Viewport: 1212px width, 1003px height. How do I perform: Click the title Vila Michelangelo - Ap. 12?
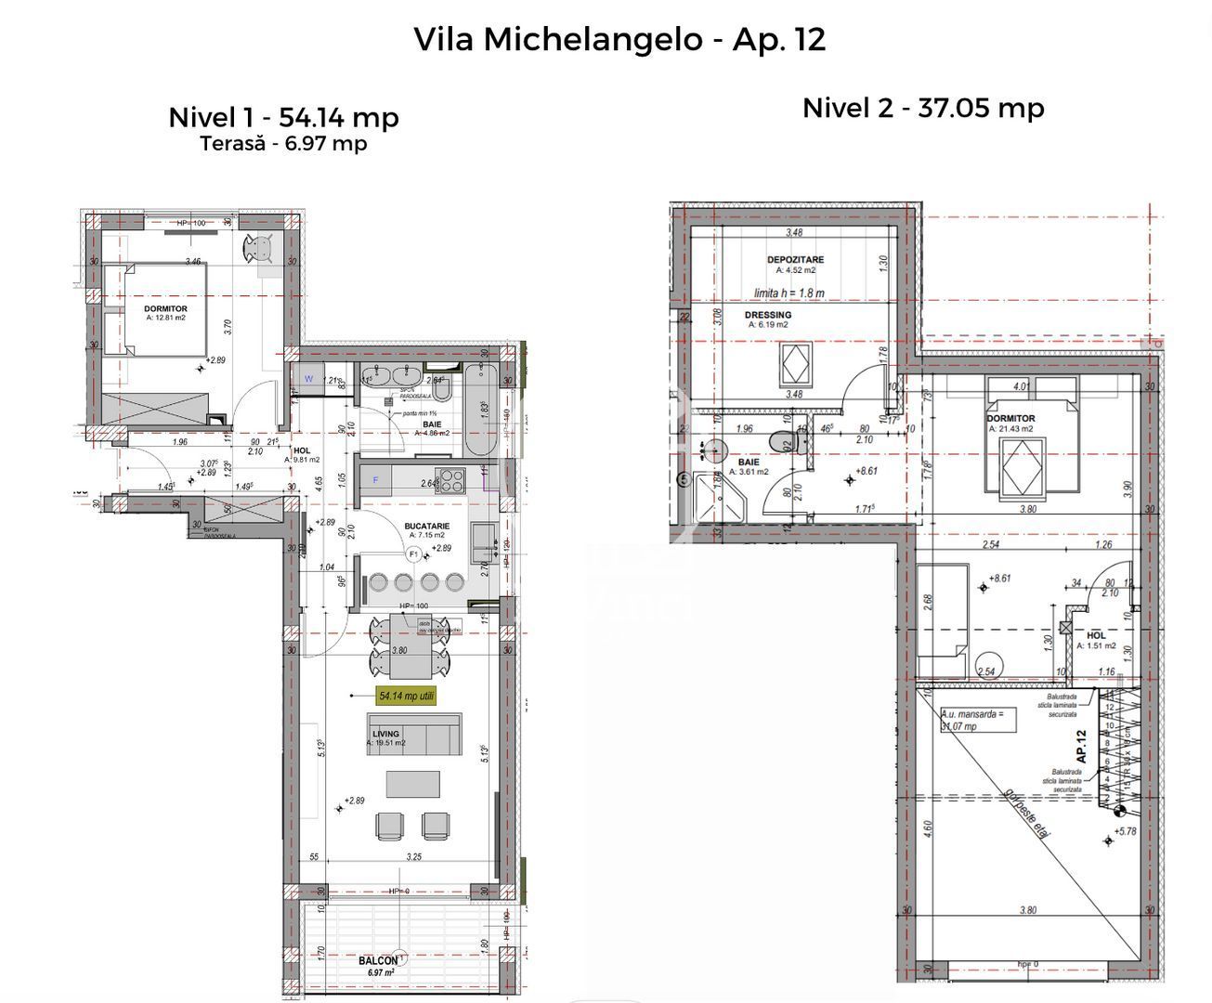pyautogui.click(x=619, y=39)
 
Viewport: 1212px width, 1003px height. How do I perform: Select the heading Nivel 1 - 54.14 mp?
pyautogui.click(x=283, y=118)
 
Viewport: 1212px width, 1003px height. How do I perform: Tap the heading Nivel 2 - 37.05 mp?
pyautogui.click(x=922, y=108)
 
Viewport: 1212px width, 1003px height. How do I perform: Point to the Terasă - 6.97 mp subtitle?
pyautogui.click(x=283, y=144)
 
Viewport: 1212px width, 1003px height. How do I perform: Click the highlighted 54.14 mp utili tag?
pyautogui.click(x=406, y=695)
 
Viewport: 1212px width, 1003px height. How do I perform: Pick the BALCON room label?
pyautogui.click(x=378, y=961)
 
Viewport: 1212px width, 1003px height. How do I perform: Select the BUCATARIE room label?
pyautogui.click(x=427, y=526)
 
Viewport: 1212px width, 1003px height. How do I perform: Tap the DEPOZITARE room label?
pyautogui.click(x=795, y=260)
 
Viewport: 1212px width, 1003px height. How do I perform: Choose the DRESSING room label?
pyautogui.click(x=768, y=315)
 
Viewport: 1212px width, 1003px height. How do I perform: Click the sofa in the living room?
pyautogui.click(x=415, y=734)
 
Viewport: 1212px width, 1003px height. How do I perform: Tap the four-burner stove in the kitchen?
pyautogui.click(x=453, y=481)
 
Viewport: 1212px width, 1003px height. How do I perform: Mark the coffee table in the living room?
pyautogui.click(x=412, y=782)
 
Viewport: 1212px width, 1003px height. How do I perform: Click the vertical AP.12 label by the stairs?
pyautogui.click(x=1079, y=747)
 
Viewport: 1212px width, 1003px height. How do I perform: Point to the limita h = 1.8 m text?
pyautogui.click(x=788, y=293)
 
